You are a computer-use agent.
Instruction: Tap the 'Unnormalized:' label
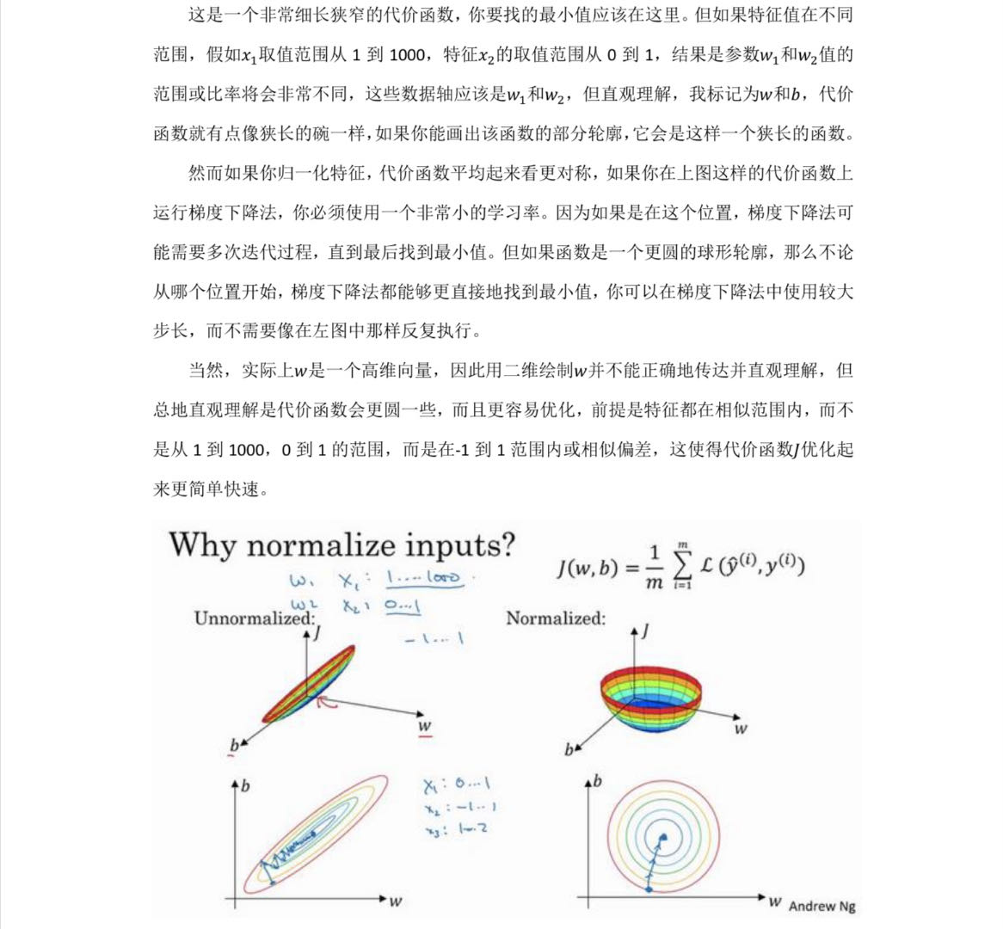254,618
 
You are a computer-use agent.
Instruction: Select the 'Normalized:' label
555,618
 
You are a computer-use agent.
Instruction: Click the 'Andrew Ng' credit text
821,905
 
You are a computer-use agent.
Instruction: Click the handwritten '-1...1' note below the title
434,638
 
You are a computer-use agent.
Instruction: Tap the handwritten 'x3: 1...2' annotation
456,828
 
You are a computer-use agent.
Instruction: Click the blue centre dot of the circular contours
662,836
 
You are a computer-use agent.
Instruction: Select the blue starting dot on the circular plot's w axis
648,888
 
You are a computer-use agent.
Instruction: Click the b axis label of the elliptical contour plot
245,785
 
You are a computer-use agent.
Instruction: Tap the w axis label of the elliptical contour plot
395,901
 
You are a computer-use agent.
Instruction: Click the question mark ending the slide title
508,546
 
